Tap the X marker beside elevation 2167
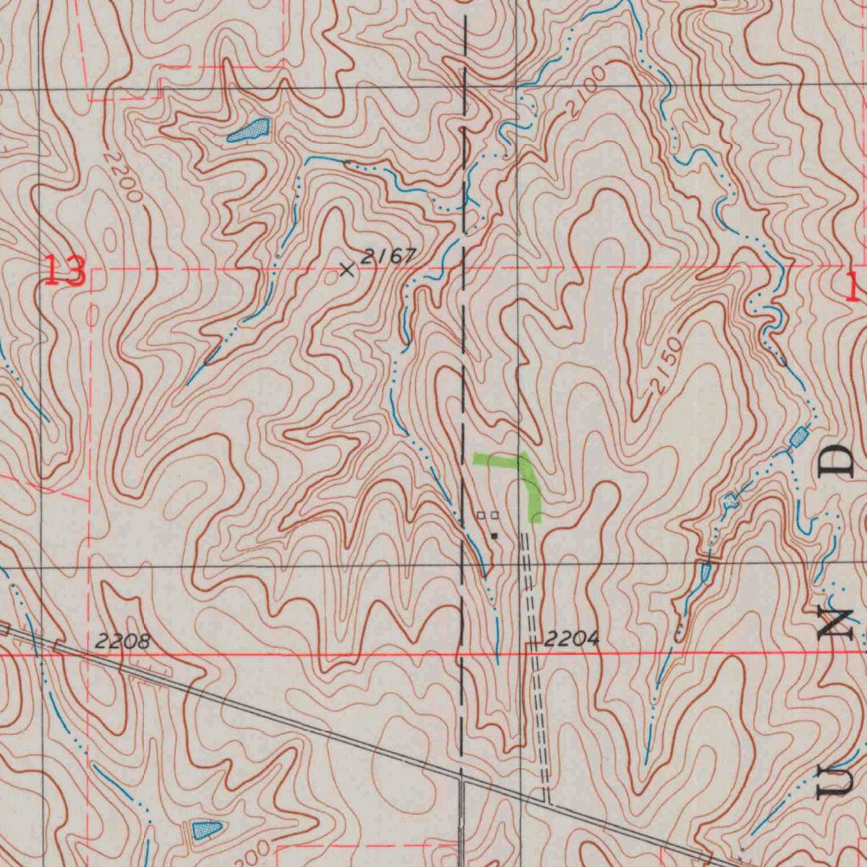[346, 270]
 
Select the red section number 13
[65, 272]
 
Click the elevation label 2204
[572, 639]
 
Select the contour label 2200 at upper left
[124, 177]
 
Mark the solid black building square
[494, 535]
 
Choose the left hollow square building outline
[481, 515]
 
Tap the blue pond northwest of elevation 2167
[249, 130]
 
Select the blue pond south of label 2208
[207, 828]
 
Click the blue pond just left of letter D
[798, 437]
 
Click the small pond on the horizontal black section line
[706, 572]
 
